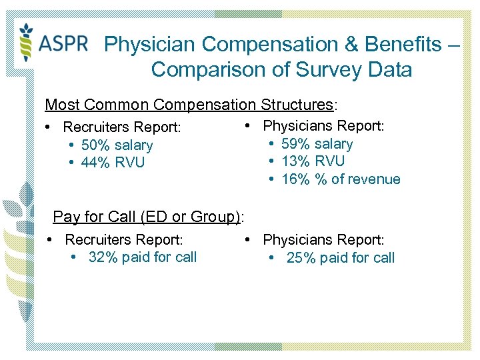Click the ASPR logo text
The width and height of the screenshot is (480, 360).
(x=63, y=43)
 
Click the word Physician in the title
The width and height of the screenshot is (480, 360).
(x=151, y=45)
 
